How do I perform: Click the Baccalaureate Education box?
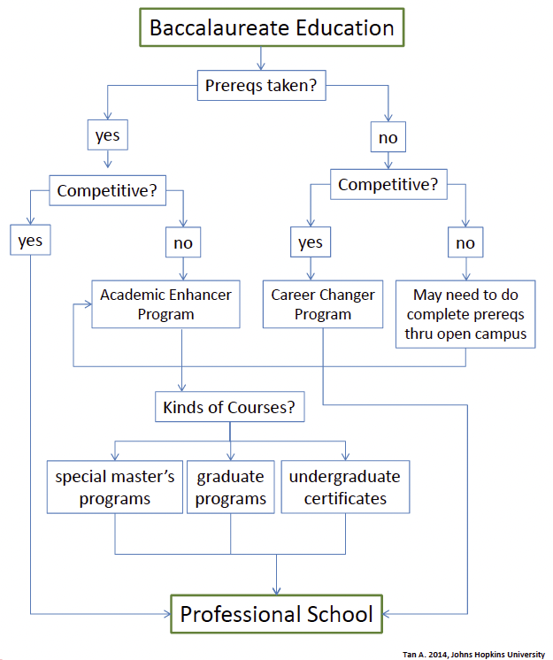[x=271, y=27]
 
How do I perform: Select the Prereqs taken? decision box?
[x=261, y=87]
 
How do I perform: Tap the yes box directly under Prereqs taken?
[x=108, y=137]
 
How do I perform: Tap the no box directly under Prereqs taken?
[x=388, y=137]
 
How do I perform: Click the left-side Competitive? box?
[x=107, y=189]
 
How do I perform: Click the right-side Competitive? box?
[x=388, y=186]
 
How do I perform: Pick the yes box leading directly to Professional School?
[x=31, y=241]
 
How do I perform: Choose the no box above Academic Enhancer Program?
[x=182, y=241]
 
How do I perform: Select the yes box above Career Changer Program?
[x=310, y=242]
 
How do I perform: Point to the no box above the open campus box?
[x=465, y=242]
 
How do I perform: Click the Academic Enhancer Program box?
[x=165, y=303]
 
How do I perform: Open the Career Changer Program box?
[x=323, y=303]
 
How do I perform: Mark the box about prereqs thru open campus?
[x=465, y=314]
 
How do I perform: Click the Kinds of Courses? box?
[x=228, y=409]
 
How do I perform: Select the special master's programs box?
[x=115, y=487]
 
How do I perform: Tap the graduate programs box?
[x=230, y=487]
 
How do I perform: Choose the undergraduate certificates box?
[x=345, y=487]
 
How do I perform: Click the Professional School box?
[x=276, y=613]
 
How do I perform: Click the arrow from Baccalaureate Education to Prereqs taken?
[x=261, y=58]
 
